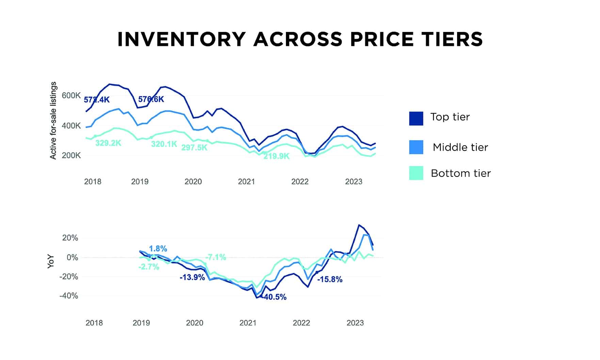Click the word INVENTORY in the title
pyautogui.click(x=181, y=39)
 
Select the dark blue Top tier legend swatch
pyautogui.click(x=416, y=118)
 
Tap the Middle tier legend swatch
pyautogui.click(x=416, y=147)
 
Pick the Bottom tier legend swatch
pyautogui.click(x=416, y=173)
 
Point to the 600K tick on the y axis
pyautogui.click(x=71, y=96)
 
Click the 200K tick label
pyautogui.click(x=71, y=156)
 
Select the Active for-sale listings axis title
pyautogui.click(x=53, y=120)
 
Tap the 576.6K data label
pyautogui.click(x=151, y=99)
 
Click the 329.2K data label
pyautogui.click(x=108, y=143)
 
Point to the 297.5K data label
pyautogui.click(x=194, y=148)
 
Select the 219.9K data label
pyautogui.click(x=276, y=157)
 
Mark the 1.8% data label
pyautogui.click(x=158, y=249)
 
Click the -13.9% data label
pyautogui.click(x=192, y=277)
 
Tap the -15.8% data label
pyautogui.click(x=330, y=280)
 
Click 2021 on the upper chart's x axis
pyautogui.click(x=246, y=182)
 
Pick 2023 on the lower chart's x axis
pyautogui.click(x=355, y=323)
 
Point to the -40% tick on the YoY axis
pyautogui.click(x=69, y=296)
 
